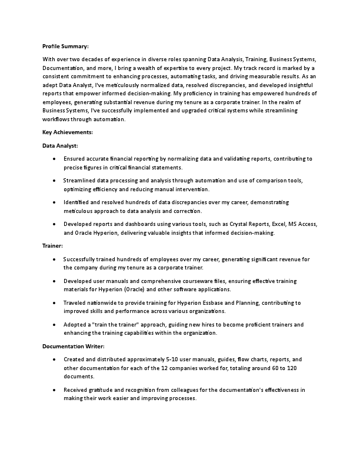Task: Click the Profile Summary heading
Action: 65,46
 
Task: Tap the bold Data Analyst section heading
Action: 60,145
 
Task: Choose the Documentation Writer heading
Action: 74,346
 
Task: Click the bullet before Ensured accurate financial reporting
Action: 54,159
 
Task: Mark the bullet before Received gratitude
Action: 54,390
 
